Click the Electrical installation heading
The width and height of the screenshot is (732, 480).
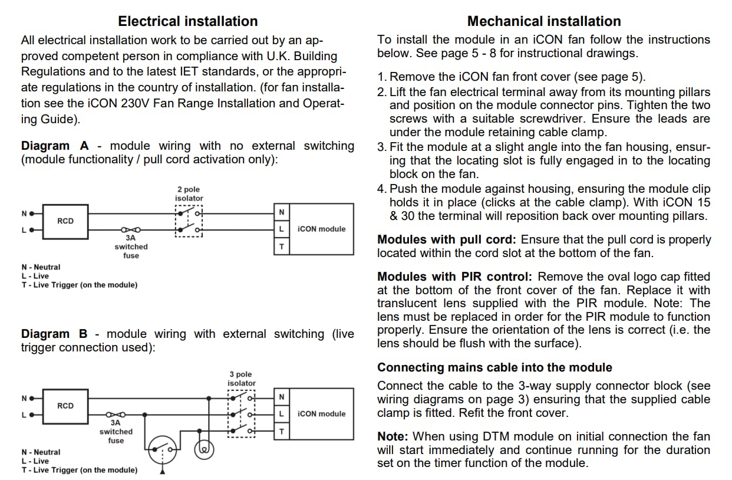[x=187, y=21]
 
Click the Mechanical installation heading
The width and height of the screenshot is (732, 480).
[x=543, y=21]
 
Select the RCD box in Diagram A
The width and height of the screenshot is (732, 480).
[x=65, y=221]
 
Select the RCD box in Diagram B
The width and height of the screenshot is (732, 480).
[x=65, y=406]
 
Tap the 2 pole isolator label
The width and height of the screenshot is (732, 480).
[x=189, y=194]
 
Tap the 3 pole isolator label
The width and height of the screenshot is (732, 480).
[x=242, y=379]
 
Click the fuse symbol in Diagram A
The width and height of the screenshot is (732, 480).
[x=130, y=230]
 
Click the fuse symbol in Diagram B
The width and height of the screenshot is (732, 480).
[x=116, y=415]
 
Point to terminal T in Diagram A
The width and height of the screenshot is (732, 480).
[x=282, y=246]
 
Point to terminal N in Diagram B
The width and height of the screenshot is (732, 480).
[x=282, y=397]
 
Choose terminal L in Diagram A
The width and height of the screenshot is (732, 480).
[x=282, y=229]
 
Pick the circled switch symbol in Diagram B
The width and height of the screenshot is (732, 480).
[x=163, y=451]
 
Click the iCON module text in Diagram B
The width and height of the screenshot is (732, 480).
[x=322, y=414]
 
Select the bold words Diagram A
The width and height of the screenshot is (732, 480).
[x=54, y=146]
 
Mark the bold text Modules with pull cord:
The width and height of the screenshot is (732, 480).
[x=446, y=240]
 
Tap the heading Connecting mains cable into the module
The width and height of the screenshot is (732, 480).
[x=494, y=367]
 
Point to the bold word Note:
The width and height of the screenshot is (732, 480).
[x=393, y=436]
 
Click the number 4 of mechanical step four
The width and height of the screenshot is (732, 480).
[x=381, y=189]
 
